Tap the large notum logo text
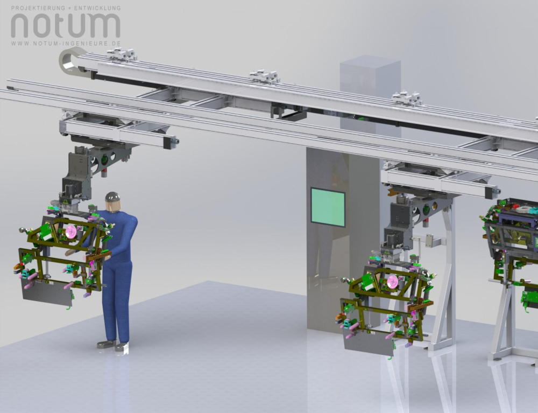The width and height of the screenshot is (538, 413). [x=66, y=25]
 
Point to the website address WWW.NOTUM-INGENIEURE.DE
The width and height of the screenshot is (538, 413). [x=66, y=44]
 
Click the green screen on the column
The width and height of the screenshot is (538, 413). [x=328, y=207]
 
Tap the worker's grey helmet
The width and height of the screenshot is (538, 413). [x=112, y=197]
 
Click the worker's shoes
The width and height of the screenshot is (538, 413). [x=112, y=345]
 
